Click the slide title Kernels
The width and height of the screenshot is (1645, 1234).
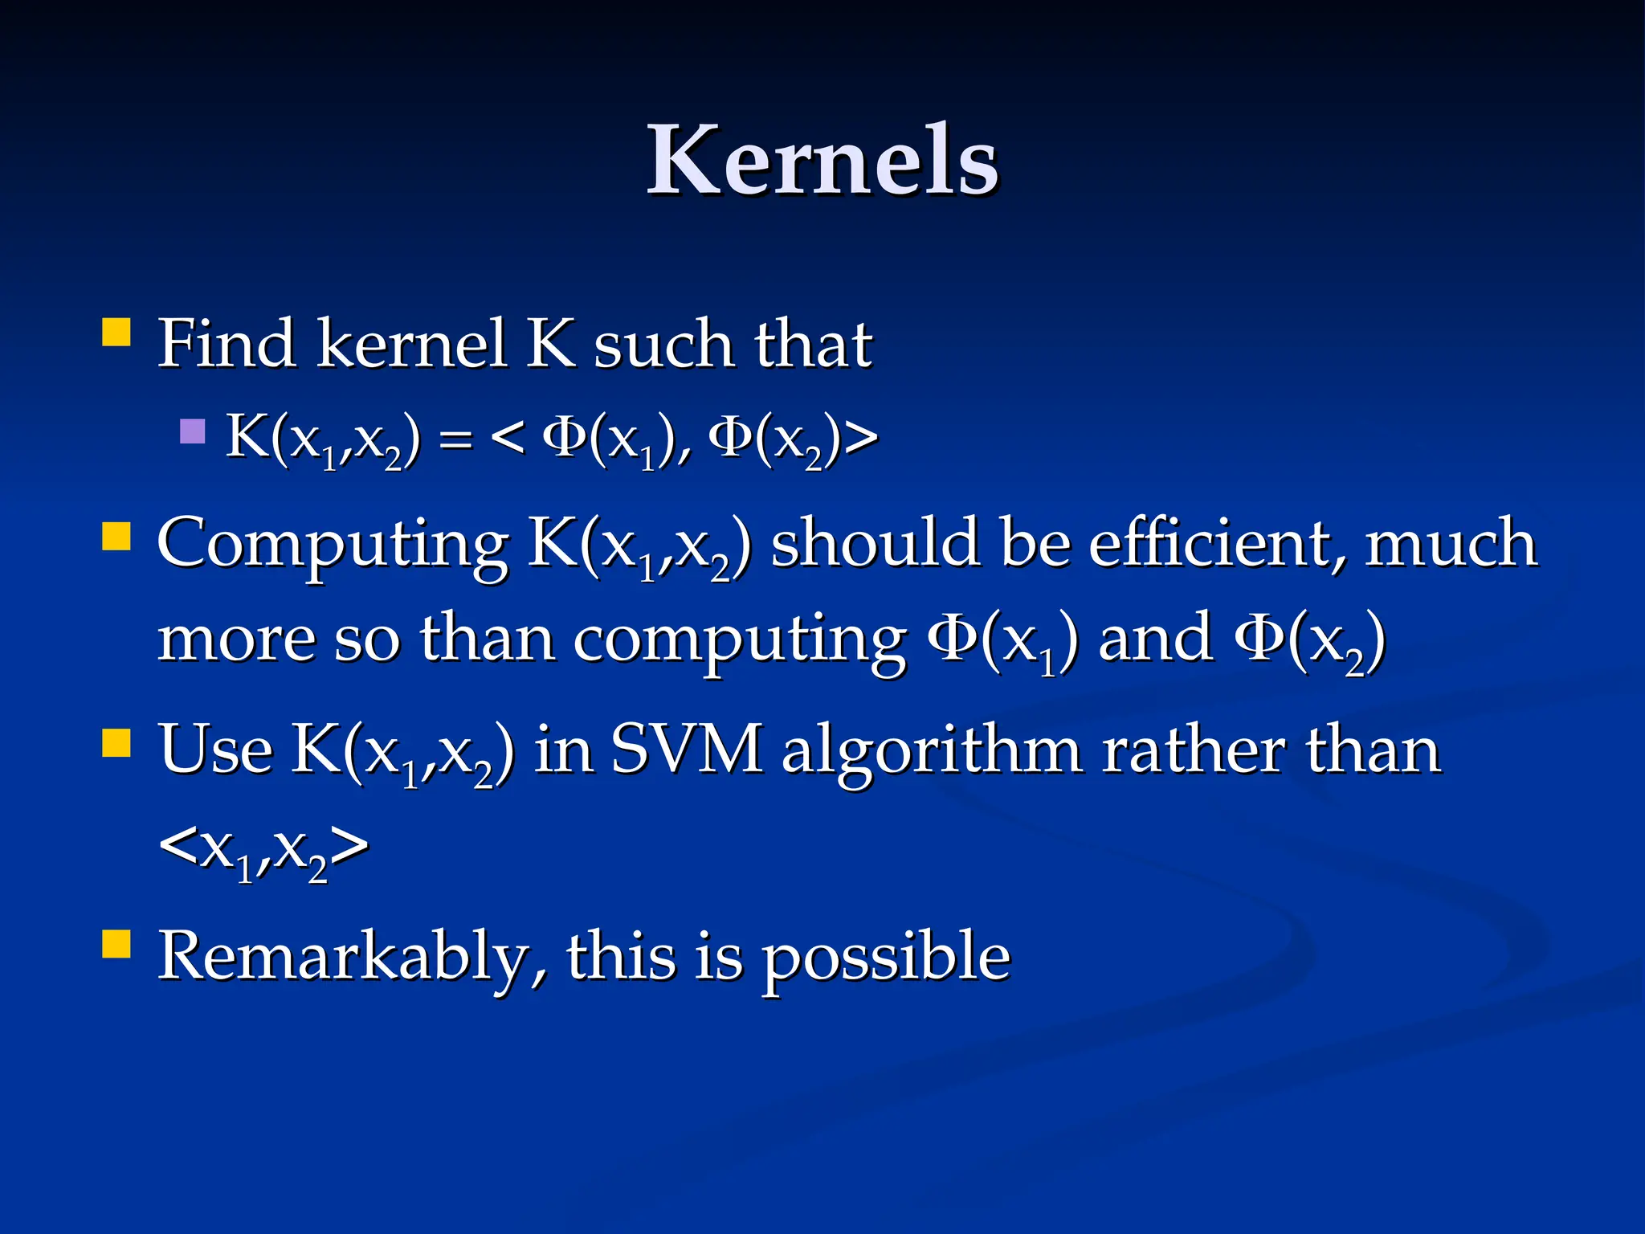822,161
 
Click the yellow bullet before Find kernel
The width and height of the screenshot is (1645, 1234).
116,332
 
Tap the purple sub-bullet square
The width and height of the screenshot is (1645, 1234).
193,431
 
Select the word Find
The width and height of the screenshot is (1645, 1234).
226,344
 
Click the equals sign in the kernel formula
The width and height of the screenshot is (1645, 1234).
455,440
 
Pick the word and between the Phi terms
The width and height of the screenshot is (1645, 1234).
1155,639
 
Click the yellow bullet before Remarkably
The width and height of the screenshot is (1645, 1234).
116,945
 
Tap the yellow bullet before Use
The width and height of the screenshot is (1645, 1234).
116,743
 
